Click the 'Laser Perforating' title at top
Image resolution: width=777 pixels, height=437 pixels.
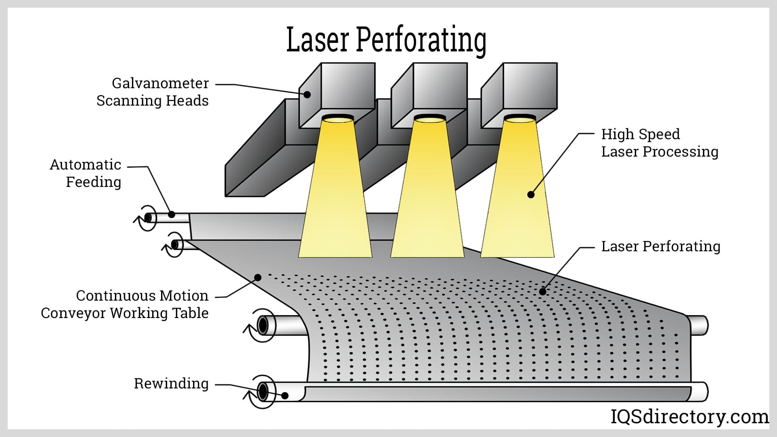pos(386,40)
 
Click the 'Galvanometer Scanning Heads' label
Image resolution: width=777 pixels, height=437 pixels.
pos(153,92)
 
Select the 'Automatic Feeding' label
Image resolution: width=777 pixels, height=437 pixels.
pos(86,173)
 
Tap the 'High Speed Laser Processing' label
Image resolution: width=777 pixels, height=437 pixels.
pos(659,143)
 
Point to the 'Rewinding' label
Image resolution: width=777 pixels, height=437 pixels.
pos(171,383)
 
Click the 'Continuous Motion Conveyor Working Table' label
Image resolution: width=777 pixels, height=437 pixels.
pos(125,304)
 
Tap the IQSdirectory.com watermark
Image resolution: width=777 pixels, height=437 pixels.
pos(689,416)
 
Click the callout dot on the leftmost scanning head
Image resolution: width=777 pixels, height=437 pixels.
pos(307,95)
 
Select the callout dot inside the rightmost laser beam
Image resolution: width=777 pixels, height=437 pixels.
pos(531,195)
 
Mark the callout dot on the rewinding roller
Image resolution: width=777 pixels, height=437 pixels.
pos(285,395)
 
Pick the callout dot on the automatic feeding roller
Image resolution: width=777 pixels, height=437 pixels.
pos(172,214)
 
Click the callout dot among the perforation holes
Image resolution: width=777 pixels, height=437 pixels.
pos(542,291)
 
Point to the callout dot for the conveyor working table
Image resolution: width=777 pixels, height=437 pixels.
pos(257,277)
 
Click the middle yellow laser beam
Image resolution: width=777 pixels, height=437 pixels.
pos(427,194)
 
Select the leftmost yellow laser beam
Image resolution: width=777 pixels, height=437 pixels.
pos(335,194)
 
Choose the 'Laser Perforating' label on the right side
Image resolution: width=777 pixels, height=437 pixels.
pos(660,246)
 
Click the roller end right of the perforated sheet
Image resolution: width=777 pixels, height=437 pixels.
pos(699,325)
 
